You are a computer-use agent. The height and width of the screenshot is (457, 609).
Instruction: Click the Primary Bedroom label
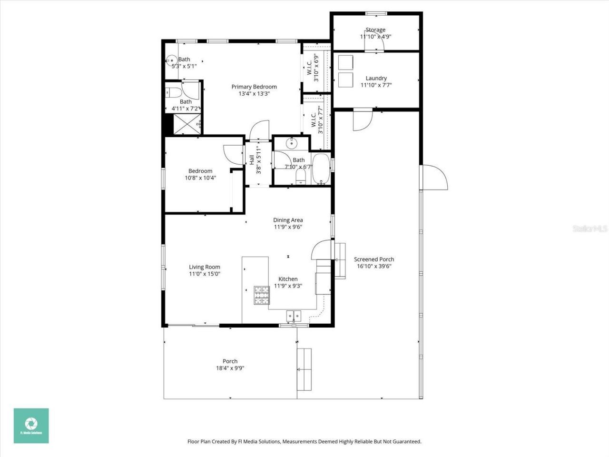pos(254,87)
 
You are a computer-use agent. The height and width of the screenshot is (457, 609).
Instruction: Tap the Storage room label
pos(375,30)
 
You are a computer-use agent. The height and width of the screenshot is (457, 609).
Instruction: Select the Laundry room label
pos(376,78)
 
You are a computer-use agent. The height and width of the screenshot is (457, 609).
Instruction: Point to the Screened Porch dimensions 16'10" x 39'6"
pos(374,267)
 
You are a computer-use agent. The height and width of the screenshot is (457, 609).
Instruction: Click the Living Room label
pos(205,267)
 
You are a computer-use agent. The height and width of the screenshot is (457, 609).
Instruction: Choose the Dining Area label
pos(288,220)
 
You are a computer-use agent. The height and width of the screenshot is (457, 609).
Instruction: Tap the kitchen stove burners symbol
pos(261,295)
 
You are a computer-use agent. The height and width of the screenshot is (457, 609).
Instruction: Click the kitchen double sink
pos(294,315)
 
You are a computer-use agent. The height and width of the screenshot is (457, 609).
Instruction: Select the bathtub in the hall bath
pos(321,169)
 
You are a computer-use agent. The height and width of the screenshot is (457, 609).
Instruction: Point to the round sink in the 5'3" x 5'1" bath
pos(171,61)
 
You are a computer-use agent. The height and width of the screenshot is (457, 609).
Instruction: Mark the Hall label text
pos(252,160)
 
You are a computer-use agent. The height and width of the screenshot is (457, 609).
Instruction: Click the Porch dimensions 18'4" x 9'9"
pos(230,368)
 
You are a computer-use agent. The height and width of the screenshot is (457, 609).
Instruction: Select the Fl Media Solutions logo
pos(31,426)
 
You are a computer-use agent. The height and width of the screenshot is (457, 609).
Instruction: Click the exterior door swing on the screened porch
pos(434,178)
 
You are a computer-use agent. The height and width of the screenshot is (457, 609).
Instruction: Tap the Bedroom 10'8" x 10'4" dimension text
pos(200,178)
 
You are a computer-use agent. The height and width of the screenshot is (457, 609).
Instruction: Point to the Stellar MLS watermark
pos(590,228)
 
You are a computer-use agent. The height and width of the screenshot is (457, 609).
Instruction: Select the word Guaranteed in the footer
pos(406,442)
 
